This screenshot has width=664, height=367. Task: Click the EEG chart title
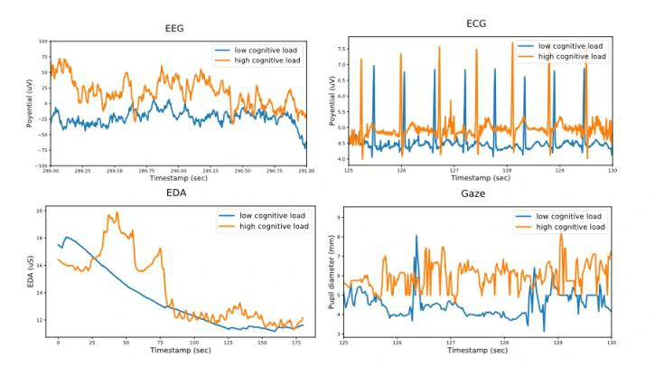click(x=175, y=29)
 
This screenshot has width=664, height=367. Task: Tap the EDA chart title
click(x=177, y=193)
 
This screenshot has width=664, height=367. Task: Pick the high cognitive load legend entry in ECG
click(x=571, y=56)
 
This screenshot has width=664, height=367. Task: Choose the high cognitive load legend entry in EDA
click(x=273, y=226)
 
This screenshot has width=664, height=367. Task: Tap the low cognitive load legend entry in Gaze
click(x=569, y=217)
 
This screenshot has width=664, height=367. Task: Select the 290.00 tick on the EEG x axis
click(x=178, y=170)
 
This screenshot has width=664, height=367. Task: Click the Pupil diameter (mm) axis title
click(x=331, y=272)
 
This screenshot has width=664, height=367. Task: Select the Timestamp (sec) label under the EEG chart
click(x=177, y=178)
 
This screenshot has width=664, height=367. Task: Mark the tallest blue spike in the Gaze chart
click(x=416, y=236)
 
